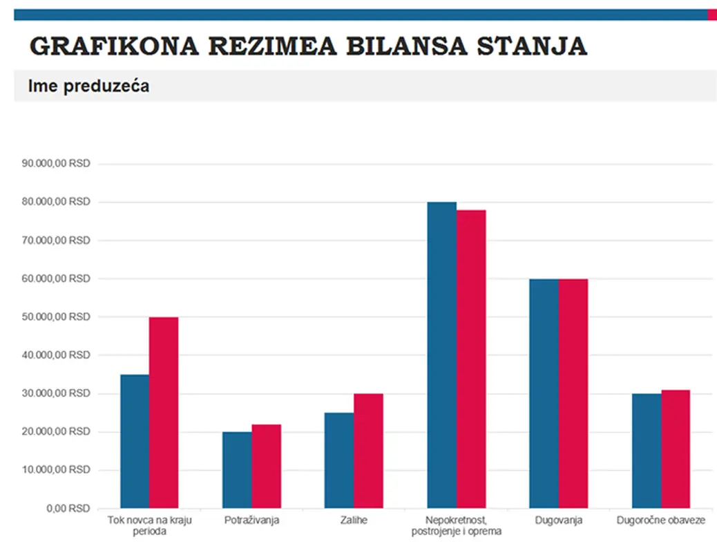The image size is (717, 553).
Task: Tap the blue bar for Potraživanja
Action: (x=237, y=470)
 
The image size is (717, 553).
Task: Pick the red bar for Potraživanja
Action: (x=266, y=467)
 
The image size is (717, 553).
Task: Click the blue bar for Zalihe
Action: (x=339, y=460)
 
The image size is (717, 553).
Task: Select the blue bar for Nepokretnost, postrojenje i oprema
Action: (x=441, y=355)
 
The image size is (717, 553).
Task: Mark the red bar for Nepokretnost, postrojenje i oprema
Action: (x=471, y=359)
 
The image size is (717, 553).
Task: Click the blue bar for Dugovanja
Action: (x=544, y=394)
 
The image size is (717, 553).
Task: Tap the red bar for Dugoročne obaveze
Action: (x=675, y=449)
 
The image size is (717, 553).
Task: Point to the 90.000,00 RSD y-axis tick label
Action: (x=56, y=164)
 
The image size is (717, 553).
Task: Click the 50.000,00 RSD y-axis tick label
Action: (x=56, y=317)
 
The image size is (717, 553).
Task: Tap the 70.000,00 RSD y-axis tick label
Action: (x=56, y=241)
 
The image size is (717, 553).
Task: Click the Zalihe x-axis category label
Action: (x=354, y=521)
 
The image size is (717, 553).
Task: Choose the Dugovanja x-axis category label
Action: (x=558, y=521)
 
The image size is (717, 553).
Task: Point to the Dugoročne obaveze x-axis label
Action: (x=660, y=521)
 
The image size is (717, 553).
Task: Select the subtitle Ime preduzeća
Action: (x=88, y=86)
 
